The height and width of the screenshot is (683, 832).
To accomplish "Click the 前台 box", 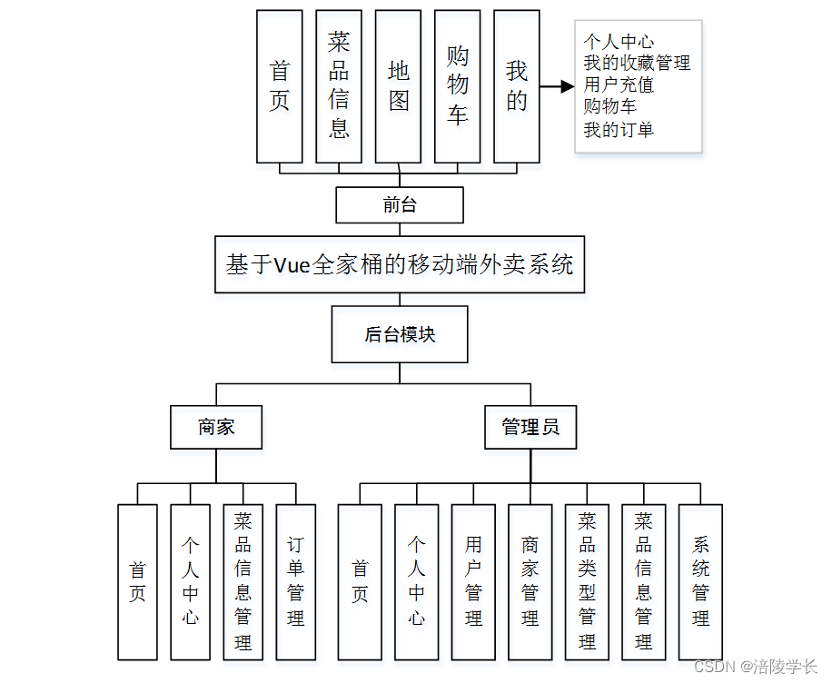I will (x=400, y=204).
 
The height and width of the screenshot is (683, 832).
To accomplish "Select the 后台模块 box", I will (x=400, y=334).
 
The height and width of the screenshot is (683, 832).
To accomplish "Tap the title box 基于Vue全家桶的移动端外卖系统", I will (x=400, y=264).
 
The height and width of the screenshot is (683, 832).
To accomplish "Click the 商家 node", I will (x=216, y=427).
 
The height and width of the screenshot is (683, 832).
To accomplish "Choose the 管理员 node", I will (x=530, y=427).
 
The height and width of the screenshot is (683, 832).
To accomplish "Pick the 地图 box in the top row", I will (x=399, y=86).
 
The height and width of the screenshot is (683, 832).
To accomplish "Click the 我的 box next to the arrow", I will (x=517, y=86).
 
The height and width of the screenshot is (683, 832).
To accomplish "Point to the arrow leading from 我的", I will (x=557, y=87).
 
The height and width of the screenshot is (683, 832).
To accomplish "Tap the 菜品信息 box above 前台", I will (x=339, y=86).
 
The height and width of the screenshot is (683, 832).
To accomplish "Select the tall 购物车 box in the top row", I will (x=458, y=86).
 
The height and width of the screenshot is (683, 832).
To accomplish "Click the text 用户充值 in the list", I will (x=619, y=85).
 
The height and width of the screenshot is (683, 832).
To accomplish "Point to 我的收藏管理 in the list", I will (x=637, y=63).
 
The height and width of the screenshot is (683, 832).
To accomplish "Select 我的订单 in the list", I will (x=619, y=129).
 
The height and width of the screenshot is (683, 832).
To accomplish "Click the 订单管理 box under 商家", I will (x=296, y=581).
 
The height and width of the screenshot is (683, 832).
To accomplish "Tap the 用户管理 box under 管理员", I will (x=473, y=581).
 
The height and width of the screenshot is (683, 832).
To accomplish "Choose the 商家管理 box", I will (x=530, y=581).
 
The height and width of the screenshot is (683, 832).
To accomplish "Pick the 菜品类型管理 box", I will (x=588, y=581).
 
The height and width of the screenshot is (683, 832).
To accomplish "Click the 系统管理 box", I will (x=700, y=581).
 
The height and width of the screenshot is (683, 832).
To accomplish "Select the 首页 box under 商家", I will (x=138, y=581).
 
